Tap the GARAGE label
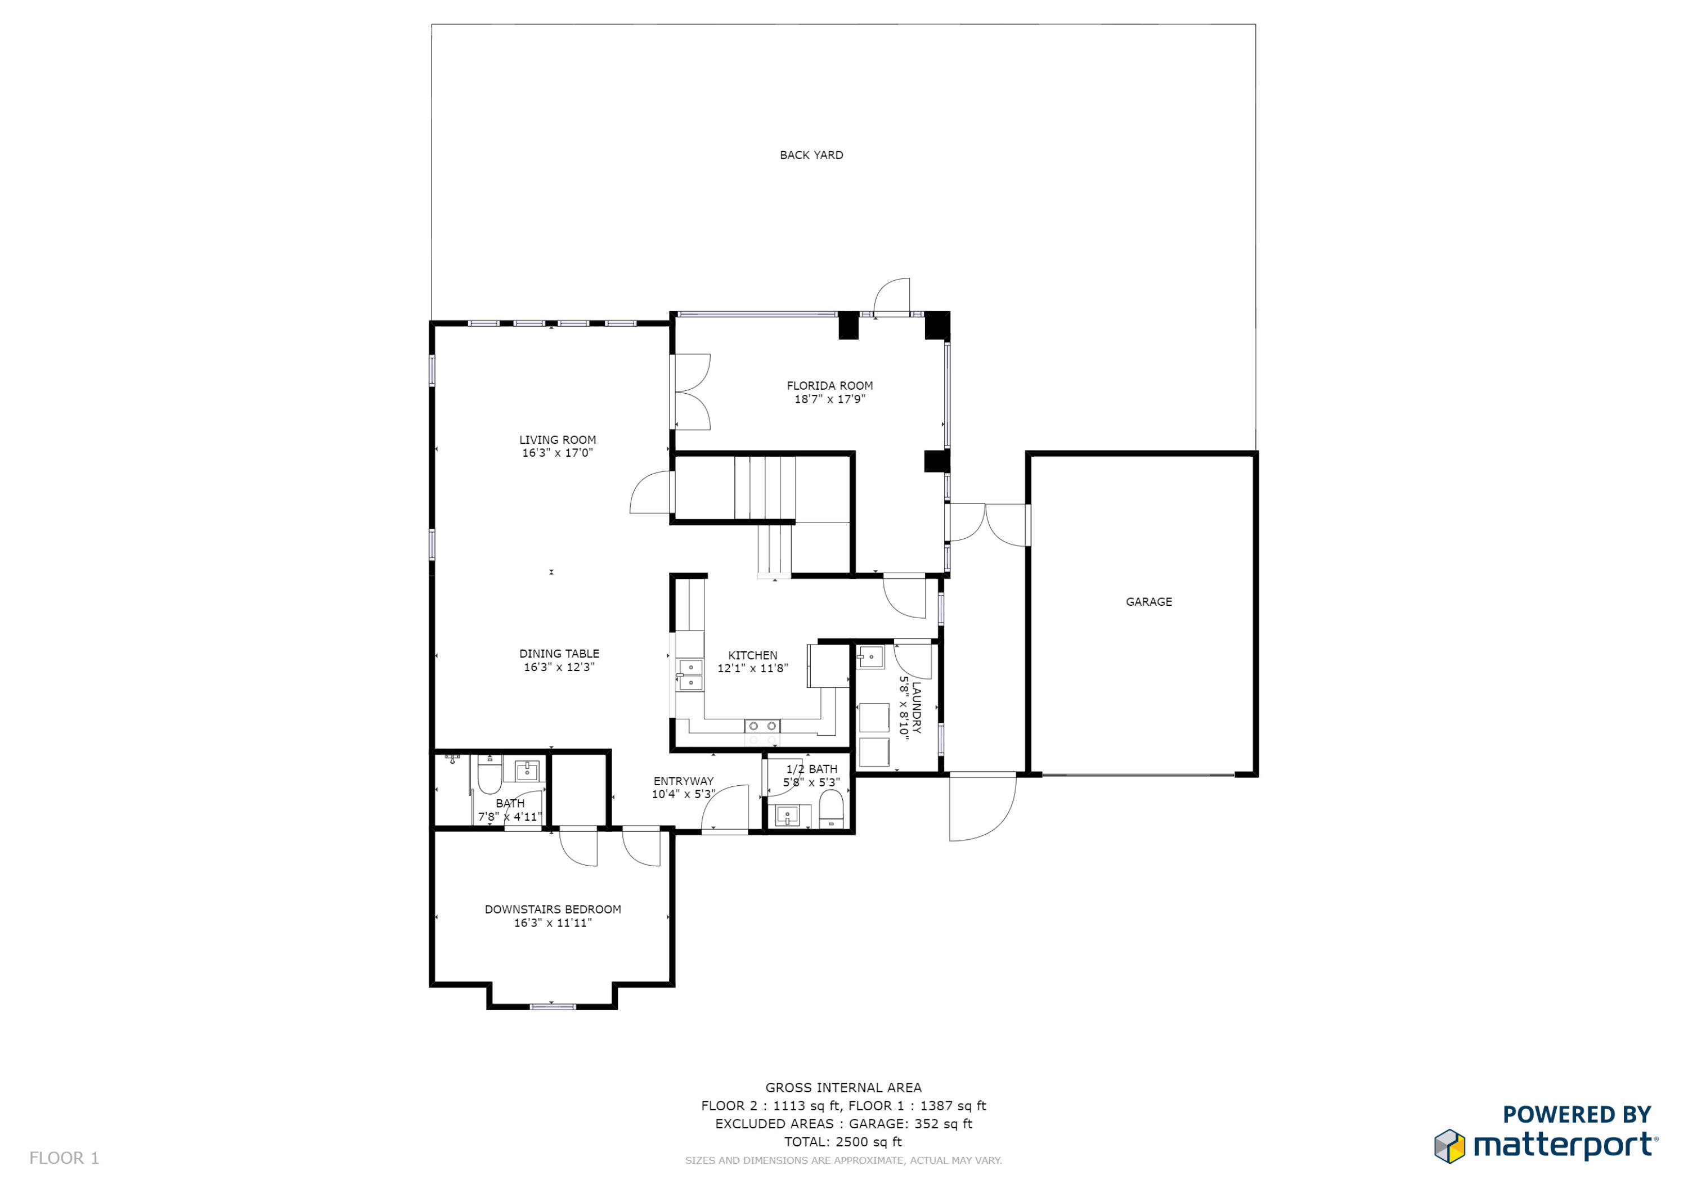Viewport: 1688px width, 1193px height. pyautogui.click(x=1148, y=601)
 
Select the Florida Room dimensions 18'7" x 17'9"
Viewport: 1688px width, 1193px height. pyautogui.click(x=829, y=399)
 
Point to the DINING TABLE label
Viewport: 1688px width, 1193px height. pyautogui.click(x=559, y=654)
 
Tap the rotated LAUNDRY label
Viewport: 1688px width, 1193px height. pyautogui.click(x=916, y=707)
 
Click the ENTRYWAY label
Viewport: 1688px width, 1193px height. pyautogui.click(x=683, y=781)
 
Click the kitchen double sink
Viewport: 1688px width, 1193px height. pyautogui.click(x=690, y=675)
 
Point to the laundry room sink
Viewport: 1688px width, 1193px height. pyautogui.click(x=870, y=656)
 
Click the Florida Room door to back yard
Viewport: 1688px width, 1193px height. pyautogui.click(x=892, y=297)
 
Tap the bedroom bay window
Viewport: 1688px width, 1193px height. pyautogui.click(x=552, y=1006)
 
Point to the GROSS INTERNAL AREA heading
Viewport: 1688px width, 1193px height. pyautogui.click(x=843, y=1087)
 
